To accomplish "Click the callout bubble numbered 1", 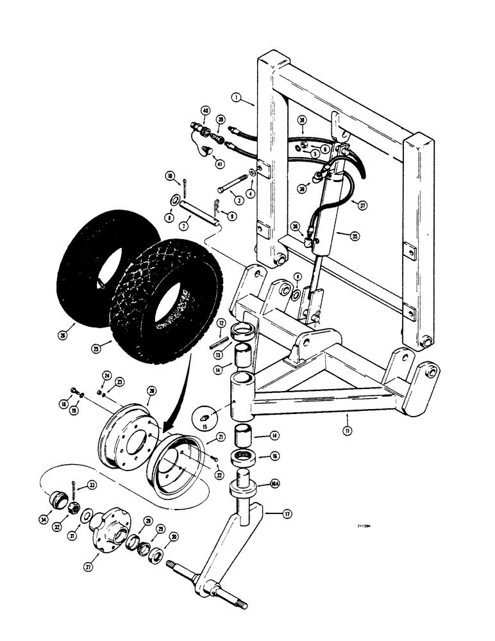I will tap(237, 99).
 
